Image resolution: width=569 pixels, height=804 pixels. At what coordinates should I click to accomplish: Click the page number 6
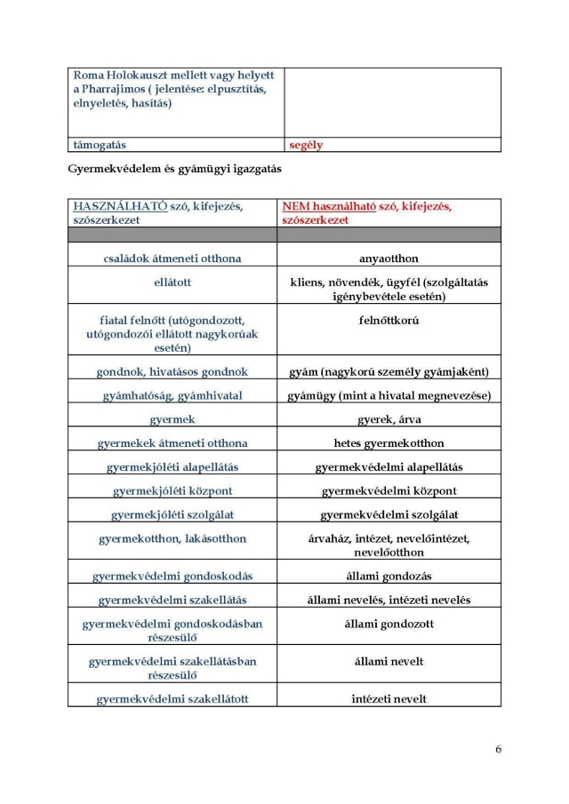[x=498, y=748]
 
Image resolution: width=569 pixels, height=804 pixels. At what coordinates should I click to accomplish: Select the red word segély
[x=306, y=144]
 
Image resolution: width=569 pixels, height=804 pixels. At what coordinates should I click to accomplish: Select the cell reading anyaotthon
[x=389, y=258]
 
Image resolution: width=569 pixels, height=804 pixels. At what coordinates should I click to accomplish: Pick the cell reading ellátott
[x=172, y=283]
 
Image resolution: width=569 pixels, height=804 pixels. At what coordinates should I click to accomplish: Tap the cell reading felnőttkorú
[x=389, y=319]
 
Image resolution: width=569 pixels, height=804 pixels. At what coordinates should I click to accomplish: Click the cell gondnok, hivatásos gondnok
[x=172, y=371]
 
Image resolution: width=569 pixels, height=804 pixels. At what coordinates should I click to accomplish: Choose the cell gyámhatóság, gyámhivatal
[x=172, y=394]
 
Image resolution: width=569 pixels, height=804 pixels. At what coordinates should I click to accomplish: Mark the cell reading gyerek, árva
[x=389, y=418]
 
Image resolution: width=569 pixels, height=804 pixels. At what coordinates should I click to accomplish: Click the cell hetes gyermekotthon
[x=389, y=442]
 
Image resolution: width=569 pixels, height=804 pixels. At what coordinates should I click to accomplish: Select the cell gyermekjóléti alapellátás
[x=172, y=466]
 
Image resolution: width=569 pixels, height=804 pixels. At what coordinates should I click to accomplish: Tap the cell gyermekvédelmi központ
[x=389, y=490]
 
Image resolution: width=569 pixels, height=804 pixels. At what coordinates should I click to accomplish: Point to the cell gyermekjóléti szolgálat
[x=172, y=514]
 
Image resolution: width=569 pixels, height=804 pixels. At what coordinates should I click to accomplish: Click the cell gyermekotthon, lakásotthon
[x=172, y=538]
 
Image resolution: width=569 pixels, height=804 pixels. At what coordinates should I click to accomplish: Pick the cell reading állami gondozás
[x=389, y=576]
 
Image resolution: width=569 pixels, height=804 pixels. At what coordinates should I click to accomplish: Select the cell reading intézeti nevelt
[x=389, y=698]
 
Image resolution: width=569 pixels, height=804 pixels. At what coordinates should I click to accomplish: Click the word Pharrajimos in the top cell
[x=120, y=89]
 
